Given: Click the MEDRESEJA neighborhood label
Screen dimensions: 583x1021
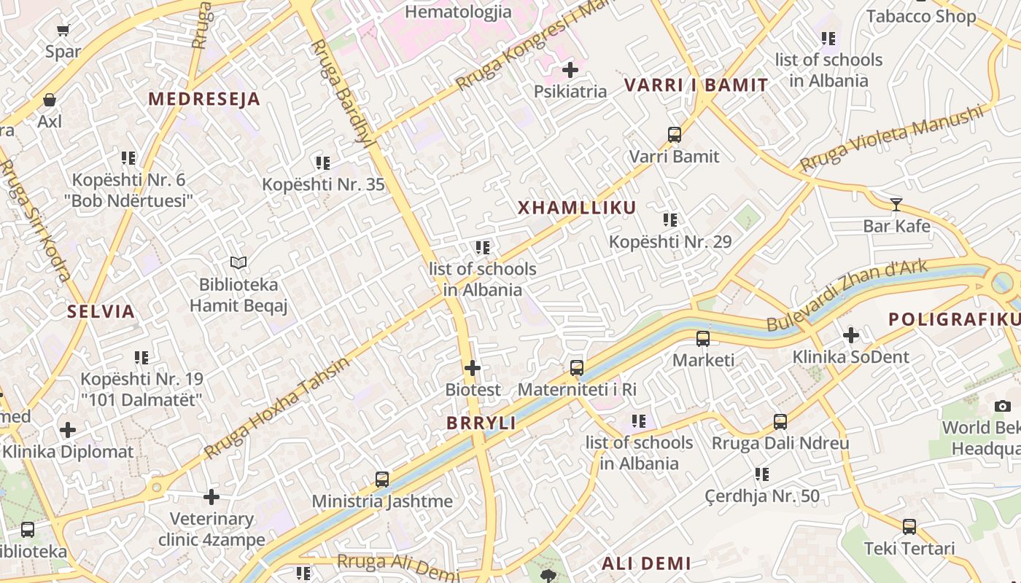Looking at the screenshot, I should (204, 99).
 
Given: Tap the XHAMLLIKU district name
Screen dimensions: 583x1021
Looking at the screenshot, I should (577, 208).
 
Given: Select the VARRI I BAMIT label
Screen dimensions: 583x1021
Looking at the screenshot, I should (696, 85).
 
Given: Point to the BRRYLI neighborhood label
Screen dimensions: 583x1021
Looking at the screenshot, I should (481, 423).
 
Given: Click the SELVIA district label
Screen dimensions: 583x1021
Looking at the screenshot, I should (101, 312).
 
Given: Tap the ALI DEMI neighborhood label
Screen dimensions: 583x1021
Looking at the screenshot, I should (646, 563).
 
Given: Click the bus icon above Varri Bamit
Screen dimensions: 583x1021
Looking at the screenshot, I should (675, 135).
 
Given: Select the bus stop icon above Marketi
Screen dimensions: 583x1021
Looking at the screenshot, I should (703, 339).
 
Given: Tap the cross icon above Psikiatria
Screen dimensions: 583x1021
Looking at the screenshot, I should (570, 70).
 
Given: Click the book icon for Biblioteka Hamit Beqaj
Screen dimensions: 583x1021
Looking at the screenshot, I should (238, 262).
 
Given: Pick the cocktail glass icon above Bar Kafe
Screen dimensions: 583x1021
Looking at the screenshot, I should (896, 205).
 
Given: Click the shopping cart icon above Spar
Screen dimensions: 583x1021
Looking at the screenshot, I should (63, 31).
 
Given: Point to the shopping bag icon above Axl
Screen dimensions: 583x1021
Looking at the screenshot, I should (50, 100).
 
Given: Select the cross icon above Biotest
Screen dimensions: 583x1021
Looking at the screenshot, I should (473, 368).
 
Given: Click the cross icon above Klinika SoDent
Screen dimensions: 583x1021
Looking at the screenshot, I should (850, 336).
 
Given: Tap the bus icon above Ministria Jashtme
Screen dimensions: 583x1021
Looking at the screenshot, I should (382, 480).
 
